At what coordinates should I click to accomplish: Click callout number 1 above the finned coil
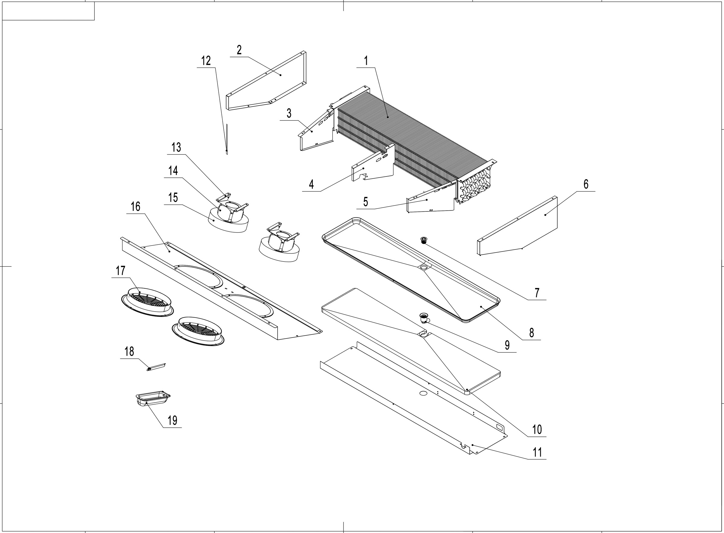coord(366,61)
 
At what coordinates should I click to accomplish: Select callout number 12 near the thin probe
coord(206,61)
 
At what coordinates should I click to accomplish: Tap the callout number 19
coord(172,420)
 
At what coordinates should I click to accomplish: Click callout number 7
coord(537,293)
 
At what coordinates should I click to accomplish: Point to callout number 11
coord(537,452)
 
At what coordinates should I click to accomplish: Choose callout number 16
coord(135,207)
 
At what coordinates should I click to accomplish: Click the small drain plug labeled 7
coord(424,240)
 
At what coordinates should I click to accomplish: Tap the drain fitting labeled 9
coord(424,318)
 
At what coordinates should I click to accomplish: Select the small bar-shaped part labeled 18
coord(157,366)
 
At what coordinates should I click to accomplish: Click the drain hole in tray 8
coord(424,267)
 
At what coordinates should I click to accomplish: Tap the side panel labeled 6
coord(523,226)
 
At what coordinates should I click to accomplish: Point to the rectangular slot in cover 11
coord(499,427)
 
